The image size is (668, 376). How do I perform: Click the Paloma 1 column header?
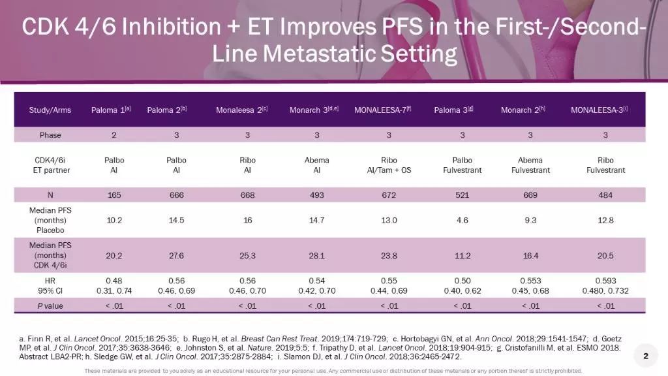pyautogui.click(x=110, y=110)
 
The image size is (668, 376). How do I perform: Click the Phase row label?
pyautogui.click(x=50, y=135)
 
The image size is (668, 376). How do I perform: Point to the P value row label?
pyautogui.click(x=50, y=305)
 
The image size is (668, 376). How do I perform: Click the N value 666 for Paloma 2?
pyautogui.click(x=176, y=195)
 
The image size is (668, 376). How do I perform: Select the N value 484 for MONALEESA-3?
pyautogui.click(x=605, y=195)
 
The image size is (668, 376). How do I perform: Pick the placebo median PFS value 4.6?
pyautogui.click(x=462, y=221)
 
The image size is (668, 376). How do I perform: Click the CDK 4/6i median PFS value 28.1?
pyautogui.click(x=316, y=256)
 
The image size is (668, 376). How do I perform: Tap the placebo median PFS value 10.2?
pyautogui.click(x=114, y=221)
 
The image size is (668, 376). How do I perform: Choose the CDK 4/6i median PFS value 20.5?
pyautogui.click(x=605, y=256)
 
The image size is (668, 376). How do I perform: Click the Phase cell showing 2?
pyautogui.click(x=114, y=135)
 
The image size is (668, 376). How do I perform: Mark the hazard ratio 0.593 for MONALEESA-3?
pyautogui.click(x=605, y=281)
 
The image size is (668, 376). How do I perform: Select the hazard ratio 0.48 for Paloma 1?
pyautogui.click(x=114, y=281)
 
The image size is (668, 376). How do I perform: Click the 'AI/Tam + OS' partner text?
pyautogui.click(x=389, y=170)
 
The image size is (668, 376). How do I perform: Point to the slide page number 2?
pyautogui.click(x=646, y=356)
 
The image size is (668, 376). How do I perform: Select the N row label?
pyautogui.click(x=50, y=195)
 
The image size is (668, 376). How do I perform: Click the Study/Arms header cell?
pyautogui.click(x=50, y=110)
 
